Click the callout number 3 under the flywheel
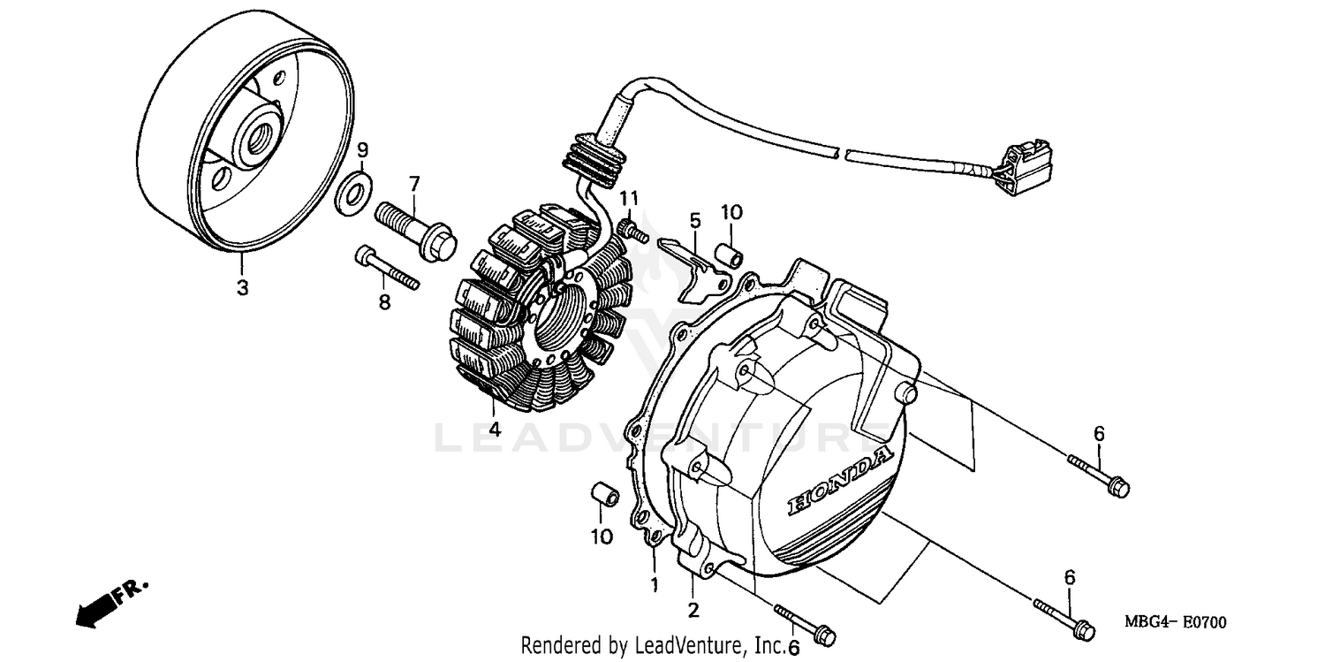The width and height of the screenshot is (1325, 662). coord(242,287)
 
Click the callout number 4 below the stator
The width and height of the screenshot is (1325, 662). coord(494,430)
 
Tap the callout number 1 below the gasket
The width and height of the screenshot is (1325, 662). coord(655,584)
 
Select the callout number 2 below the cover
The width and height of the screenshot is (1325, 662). coord(693,609)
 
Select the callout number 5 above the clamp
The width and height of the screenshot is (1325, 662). coord(694,218)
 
